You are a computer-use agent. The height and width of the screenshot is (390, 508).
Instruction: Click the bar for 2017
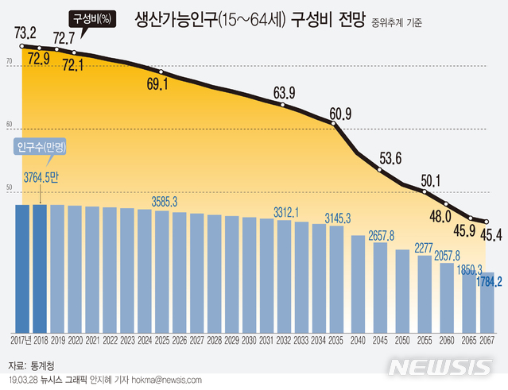22,268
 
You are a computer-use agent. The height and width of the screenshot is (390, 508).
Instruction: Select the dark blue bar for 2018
40,268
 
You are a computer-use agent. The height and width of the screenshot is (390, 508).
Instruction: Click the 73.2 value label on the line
25,33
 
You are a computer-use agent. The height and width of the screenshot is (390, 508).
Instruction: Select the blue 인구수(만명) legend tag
39,148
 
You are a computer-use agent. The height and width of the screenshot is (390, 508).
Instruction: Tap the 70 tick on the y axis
10,61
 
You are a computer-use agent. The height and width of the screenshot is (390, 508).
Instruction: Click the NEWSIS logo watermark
442,367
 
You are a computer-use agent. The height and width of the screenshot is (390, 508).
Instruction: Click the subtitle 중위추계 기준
396,22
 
